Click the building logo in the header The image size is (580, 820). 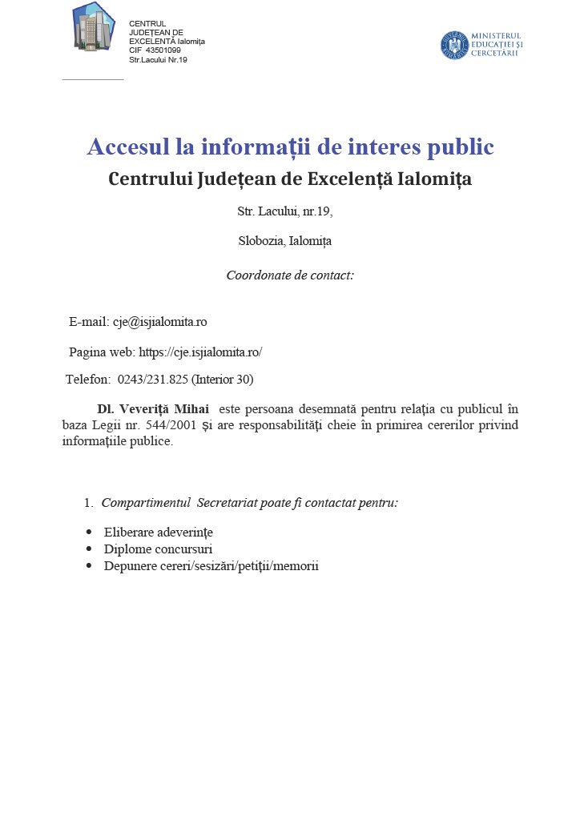coord(93,27)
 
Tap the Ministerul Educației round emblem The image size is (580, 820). coord(454,45)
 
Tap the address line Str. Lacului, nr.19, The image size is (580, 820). coord(284,212)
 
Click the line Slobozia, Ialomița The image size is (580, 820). coord(284,240)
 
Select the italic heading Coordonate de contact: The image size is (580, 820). coord(290,275)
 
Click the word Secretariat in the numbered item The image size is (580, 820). coord(229,503)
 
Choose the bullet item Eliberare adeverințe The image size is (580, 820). coord(159,533)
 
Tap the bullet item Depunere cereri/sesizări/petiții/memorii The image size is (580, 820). coord(211,566)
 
